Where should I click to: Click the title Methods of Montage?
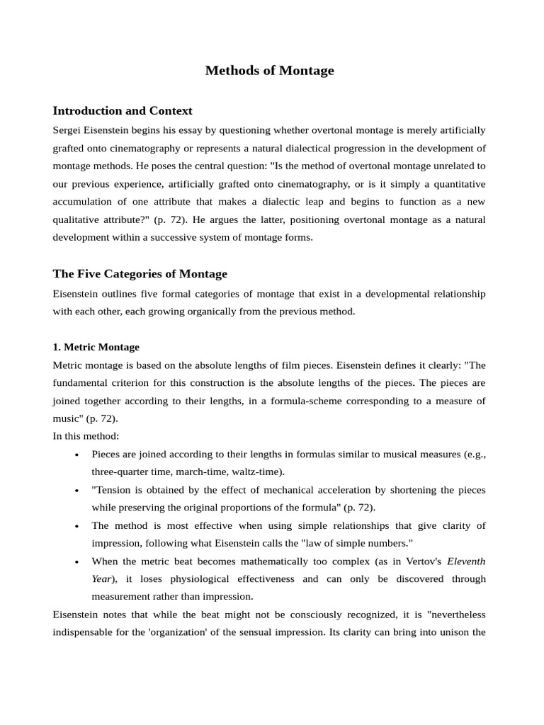269,71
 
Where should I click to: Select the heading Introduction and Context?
123,111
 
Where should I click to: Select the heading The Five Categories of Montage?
140,274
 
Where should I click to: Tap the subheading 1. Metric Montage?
96,347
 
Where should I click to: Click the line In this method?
86,436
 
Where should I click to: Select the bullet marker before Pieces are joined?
76,455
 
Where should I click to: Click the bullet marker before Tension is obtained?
76,490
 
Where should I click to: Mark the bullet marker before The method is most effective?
76,526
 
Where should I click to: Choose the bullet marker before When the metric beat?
76,561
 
